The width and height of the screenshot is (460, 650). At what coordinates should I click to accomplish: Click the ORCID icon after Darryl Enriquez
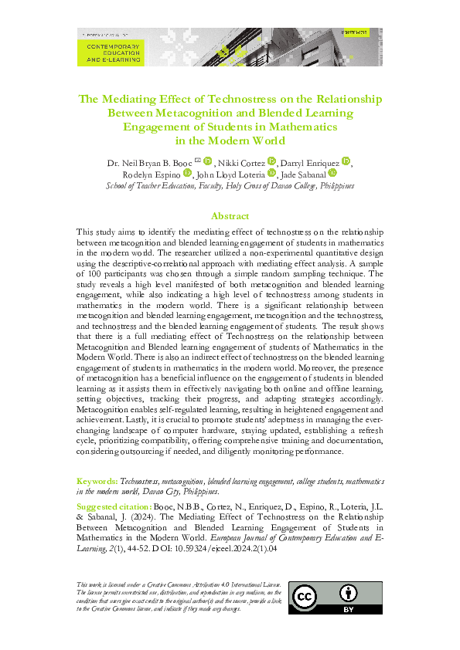point(346,161)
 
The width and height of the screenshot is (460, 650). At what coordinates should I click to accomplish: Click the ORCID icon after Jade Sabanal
point(333,174)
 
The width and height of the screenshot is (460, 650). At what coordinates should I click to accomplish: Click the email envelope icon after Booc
point(197,161)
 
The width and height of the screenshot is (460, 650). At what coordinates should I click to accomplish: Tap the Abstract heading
point(230,217)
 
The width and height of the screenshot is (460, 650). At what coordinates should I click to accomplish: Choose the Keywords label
point(97,480)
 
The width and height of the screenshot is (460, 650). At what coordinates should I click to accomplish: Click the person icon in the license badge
point(349,594)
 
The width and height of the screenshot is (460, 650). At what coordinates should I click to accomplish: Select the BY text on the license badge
point(349,609)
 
